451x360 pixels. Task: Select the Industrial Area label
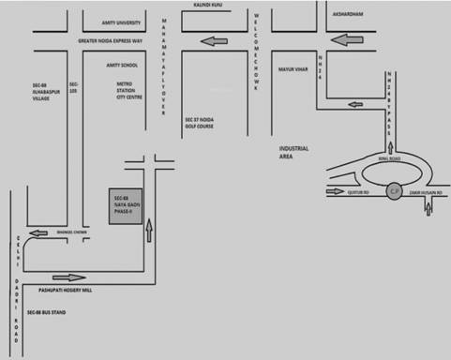pyautogui.click(x=293, y=153)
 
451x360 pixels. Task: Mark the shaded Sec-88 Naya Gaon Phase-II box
pyautogui.click(x=119, y=205)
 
